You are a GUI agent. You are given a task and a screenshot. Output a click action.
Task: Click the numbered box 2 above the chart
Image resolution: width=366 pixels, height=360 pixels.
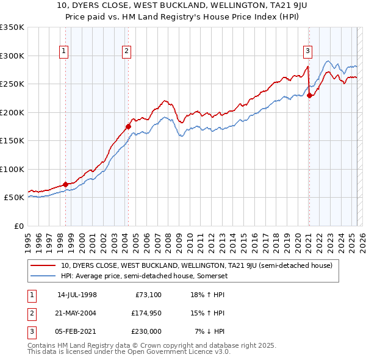tap(126, 51)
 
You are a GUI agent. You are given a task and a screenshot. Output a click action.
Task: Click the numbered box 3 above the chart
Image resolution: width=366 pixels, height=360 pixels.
tap(308, 51)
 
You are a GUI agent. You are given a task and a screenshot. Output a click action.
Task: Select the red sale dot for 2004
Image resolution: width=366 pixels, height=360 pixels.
tap(128, 126)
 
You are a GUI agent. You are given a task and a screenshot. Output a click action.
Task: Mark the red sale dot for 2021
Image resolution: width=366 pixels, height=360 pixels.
tap(309, 95)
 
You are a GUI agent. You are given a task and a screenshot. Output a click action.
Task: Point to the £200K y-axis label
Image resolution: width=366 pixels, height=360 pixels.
tap(12, 112)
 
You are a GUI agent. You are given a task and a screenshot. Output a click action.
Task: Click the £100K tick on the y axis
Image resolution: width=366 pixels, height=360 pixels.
tap(12, 169)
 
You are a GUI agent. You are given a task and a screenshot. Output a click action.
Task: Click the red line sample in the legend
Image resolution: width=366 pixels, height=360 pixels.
tap(43, 265)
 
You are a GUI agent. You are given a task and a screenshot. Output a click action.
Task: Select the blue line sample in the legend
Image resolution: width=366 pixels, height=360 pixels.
tap(43, 276)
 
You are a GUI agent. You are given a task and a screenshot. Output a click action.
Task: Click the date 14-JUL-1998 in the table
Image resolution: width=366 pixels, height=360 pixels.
tap(77, 295)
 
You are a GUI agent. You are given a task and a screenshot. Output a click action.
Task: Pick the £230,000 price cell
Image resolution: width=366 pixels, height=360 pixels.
tap(146, 331)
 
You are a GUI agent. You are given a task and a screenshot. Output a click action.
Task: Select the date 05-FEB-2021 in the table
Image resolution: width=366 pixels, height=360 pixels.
tap(77, 331)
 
